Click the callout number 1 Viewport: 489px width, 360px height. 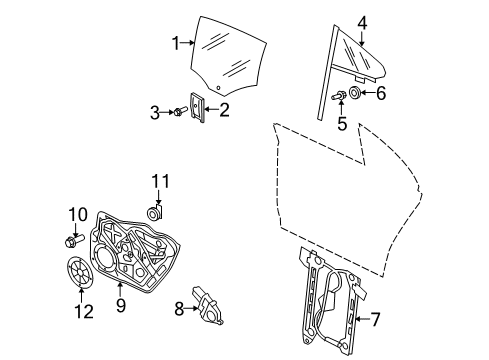tap(176, 43)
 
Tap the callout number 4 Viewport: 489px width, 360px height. tap(362, 23)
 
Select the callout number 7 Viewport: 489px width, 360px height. tap(375, 319)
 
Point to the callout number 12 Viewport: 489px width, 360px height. tap(84, 312)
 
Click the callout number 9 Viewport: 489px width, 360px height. tap(121, 305)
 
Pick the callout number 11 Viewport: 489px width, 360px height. tap(161, 182)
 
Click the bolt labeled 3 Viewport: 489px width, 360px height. tap(180, 111)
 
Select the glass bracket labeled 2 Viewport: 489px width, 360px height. tap(197, 107)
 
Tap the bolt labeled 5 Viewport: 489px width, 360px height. tap(339, 96)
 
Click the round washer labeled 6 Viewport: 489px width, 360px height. tap(354, 92)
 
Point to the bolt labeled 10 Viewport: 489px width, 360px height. tap(74, 241)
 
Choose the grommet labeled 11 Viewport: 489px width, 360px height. tap(155, 213)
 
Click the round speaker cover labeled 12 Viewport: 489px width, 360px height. tap(80, 271)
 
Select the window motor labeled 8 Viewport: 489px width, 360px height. tap(207, 305)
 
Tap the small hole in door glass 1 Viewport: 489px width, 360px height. tap(218, 88)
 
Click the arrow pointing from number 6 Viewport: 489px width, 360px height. tap(367, 92)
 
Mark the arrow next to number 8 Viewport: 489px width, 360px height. tap(192, 308)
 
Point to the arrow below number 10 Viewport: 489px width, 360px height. tap(75, 229)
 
